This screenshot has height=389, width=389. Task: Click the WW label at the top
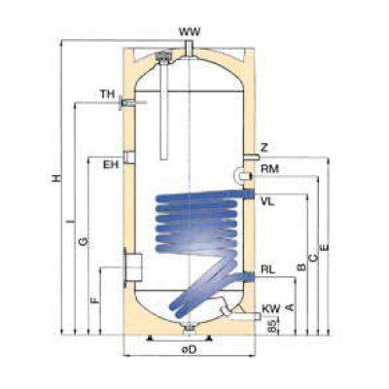click(x=191, y=32)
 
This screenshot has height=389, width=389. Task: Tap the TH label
click(x=106, y=94)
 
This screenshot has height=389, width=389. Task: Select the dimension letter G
click(x=83, y=239)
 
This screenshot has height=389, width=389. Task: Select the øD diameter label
click(x=190, y=349)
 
